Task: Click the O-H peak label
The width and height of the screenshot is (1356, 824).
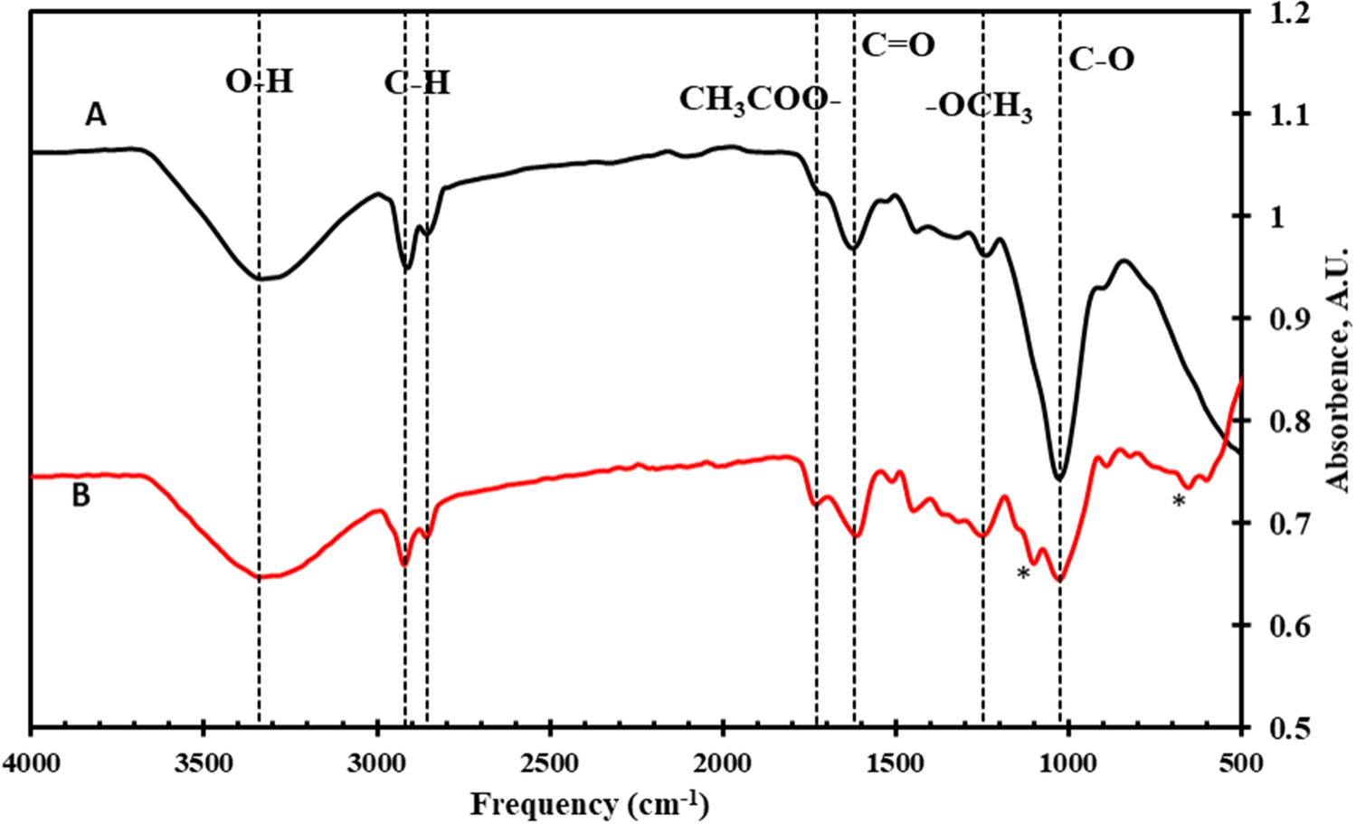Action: coord(260,81)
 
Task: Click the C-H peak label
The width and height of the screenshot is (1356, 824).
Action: coord(417,83)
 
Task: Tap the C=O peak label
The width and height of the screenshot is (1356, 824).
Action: coord(897,45)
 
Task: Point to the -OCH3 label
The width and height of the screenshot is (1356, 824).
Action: coord(980,108)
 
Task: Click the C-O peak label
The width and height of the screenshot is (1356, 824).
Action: coord(1101,60)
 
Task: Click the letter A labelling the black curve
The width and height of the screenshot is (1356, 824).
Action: coord(96,115)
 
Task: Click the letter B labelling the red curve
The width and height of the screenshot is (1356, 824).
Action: coord(81,496)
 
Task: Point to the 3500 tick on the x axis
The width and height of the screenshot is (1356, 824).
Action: coord(204,763)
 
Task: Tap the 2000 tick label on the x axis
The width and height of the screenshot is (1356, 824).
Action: coord(723,763)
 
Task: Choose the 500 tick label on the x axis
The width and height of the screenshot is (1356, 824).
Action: coord(1240,763)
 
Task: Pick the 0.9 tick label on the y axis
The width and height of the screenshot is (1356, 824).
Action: coord(1288,319)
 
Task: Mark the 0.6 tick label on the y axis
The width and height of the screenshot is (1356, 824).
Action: coord(1288,626)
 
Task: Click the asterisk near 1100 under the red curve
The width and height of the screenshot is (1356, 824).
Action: coord(1023,574)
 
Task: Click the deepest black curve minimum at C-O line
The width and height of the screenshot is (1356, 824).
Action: coord(1060,478)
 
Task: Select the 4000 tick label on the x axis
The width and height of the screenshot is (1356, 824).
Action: coord(33,763)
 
